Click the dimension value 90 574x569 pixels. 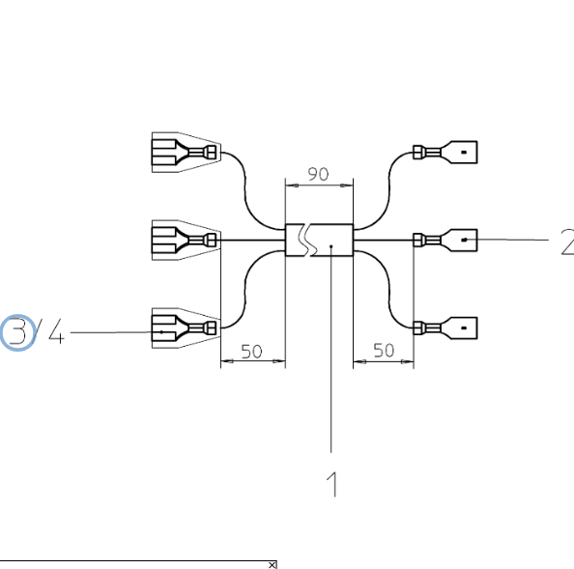coord(318,174)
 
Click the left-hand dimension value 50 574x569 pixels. coord(252,352)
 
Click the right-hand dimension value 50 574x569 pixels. coord(384,351)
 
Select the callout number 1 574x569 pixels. coord(332,484)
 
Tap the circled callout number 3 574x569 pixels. coord(17,332)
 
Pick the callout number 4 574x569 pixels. coord(56,331)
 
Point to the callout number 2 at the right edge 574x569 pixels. coord(568,242)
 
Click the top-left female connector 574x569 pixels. coord(186,153)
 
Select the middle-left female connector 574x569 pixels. coord(186,240)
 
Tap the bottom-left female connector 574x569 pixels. coord(186,327)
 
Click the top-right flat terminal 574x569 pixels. coord(445,153)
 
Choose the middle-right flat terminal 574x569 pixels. coord(445,240)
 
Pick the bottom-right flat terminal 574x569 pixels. coord(445,327)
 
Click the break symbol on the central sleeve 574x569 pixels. coord(308,240)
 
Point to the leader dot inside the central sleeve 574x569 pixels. coord(331,246)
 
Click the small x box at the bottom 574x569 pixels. coord(273,565)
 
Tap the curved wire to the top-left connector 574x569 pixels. coord(244,190)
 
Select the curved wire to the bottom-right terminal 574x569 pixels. coord(389,289)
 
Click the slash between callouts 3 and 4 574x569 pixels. coord(38,331)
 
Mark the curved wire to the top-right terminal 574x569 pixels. coord(389,190)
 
